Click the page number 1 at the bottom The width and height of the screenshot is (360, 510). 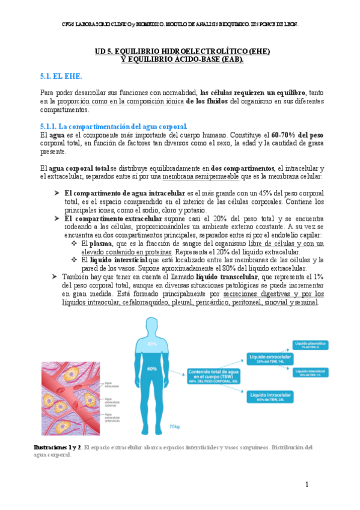(x=306, y=485)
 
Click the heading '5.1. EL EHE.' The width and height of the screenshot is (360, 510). (x=61, y=76)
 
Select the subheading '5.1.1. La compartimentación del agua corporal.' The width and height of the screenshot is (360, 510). (x=114, y=126)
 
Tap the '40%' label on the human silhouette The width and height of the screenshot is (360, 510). (x=151, y=344)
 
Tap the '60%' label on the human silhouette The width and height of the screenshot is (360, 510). (x=151, y=368)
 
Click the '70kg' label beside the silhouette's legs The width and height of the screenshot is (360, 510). (x=174, y=426)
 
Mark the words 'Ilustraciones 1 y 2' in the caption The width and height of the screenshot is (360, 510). (x=56, y=447)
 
